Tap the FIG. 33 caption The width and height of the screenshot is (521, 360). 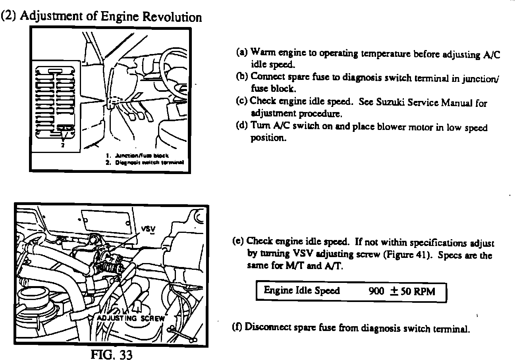[110, 354]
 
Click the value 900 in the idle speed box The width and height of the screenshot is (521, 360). [376, 291]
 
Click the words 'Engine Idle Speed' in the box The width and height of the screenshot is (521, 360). [302, 290]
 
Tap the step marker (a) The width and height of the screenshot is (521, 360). [241, 52]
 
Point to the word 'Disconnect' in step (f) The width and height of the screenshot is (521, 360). [268, 328]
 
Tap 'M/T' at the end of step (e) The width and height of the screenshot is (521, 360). [293, 266]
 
